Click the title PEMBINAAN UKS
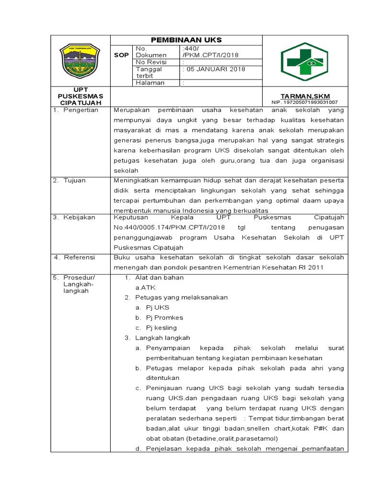187,40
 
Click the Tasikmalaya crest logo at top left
79,61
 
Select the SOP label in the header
121,55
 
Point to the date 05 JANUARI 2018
214,69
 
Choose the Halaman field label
150,83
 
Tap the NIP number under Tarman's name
304,102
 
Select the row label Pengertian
82,110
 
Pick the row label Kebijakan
80,217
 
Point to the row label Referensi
80,257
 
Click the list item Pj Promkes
165,317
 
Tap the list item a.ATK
146,288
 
